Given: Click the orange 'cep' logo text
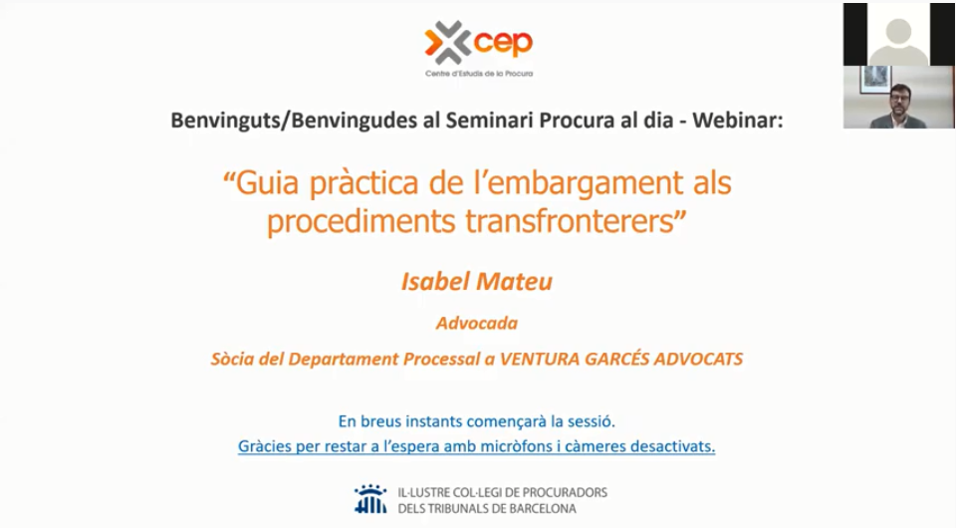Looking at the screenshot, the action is click(503, 43).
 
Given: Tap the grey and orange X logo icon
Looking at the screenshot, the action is click(448, 43).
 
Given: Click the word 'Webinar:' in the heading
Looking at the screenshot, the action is click(737, 121).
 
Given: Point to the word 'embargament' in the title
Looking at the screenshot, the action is click(580, 183).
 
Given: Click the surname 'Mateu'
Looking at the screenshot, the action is click(514, 281).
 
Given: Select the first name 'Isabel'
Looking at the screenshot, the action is click(435, 281).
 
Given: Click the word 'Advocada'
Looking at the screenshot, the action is click(477, 323).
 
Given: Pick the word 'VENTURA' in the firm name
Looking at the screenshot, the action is click(539, 359).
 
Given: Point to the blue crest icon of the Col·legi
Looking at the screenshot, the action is click(370, 499).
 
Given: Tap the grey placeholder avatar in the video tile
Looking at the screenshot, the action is click(898, 41).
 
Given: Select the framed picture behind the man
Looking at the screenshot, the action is click(875, 80).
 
